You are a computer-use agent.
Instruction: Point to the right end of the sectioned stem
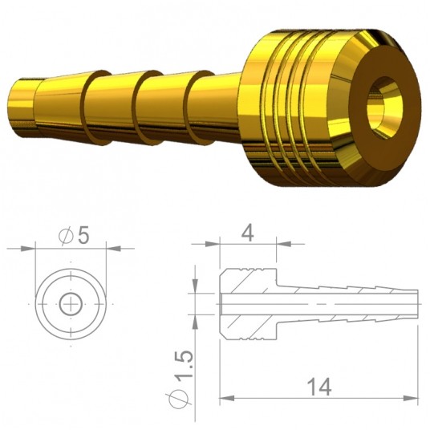pyautogui.click(x=415, y=304)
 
